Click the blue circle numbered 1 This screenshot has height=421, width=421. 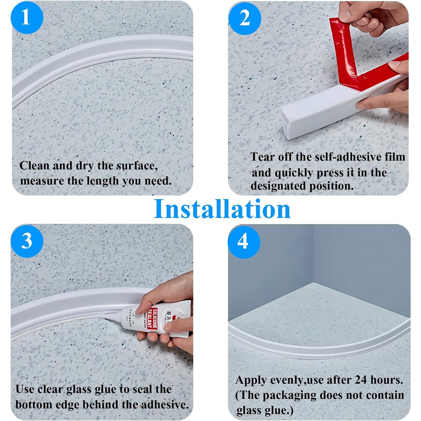[27, 18]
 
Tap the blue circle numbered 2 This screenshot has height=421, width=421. [245, 18]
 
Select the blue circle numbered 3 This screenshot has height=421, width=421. [27, 241]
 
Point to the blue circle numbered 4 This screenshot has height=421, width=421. [244, 242]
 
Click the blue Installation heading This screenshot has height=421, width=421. [222, 209]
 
